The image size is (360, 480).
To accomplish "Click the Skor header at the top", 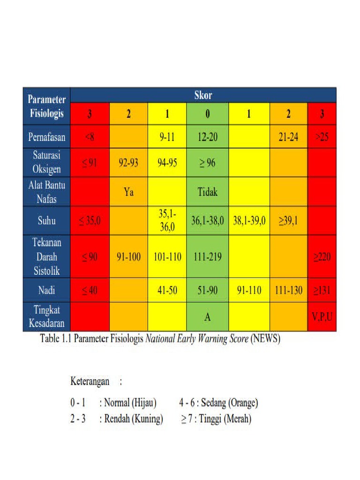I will coord(203,95).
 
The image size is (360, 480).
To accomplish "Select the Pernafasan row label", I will coord(46,138).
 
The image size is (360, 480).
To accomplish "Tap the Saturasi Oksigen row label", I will coord(46,162).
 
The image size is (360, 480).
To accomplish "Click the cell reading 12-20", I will coord(208,138).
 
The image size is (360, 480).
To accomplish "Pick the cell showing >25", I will coord(322,138).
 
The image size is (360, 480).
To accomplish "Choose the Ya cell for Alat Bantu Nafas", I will coord(128,192).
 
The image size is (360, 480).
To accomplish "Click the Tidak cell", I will coord(208,192).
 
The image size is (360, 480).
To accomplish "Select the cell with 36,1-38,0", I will coord(208,220).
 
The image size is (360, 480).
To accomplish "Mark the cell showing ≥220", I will coord(322,257).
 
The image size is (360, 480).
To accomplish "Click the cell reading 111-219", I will coord(208,257).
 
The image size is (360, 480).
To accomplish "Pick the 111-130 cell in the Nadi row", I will coord(288,291).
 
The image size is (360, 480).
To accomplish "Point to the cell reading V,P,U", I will coord(322,317).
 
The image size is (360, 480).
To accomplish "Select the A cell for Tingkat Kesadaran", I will coord(208,317).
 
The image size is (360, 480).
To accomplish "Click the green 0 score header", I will coord(208,114).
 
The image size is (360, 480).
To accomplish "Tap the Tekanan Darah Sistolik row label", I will coord(46,256).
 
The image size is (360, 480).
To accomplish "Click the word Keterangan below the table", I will coord(90,381).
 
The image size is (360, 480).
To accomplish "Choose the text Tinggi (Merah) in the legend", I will coord(225,419).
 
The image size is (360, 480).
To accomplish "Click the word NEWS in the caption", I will coord(266,339).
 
